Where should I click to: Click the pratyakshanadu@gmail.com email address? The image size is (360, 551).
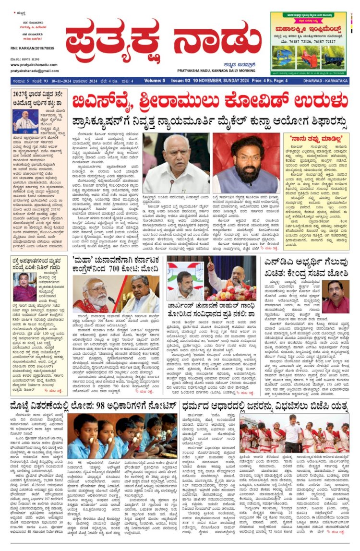(32, 70)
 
